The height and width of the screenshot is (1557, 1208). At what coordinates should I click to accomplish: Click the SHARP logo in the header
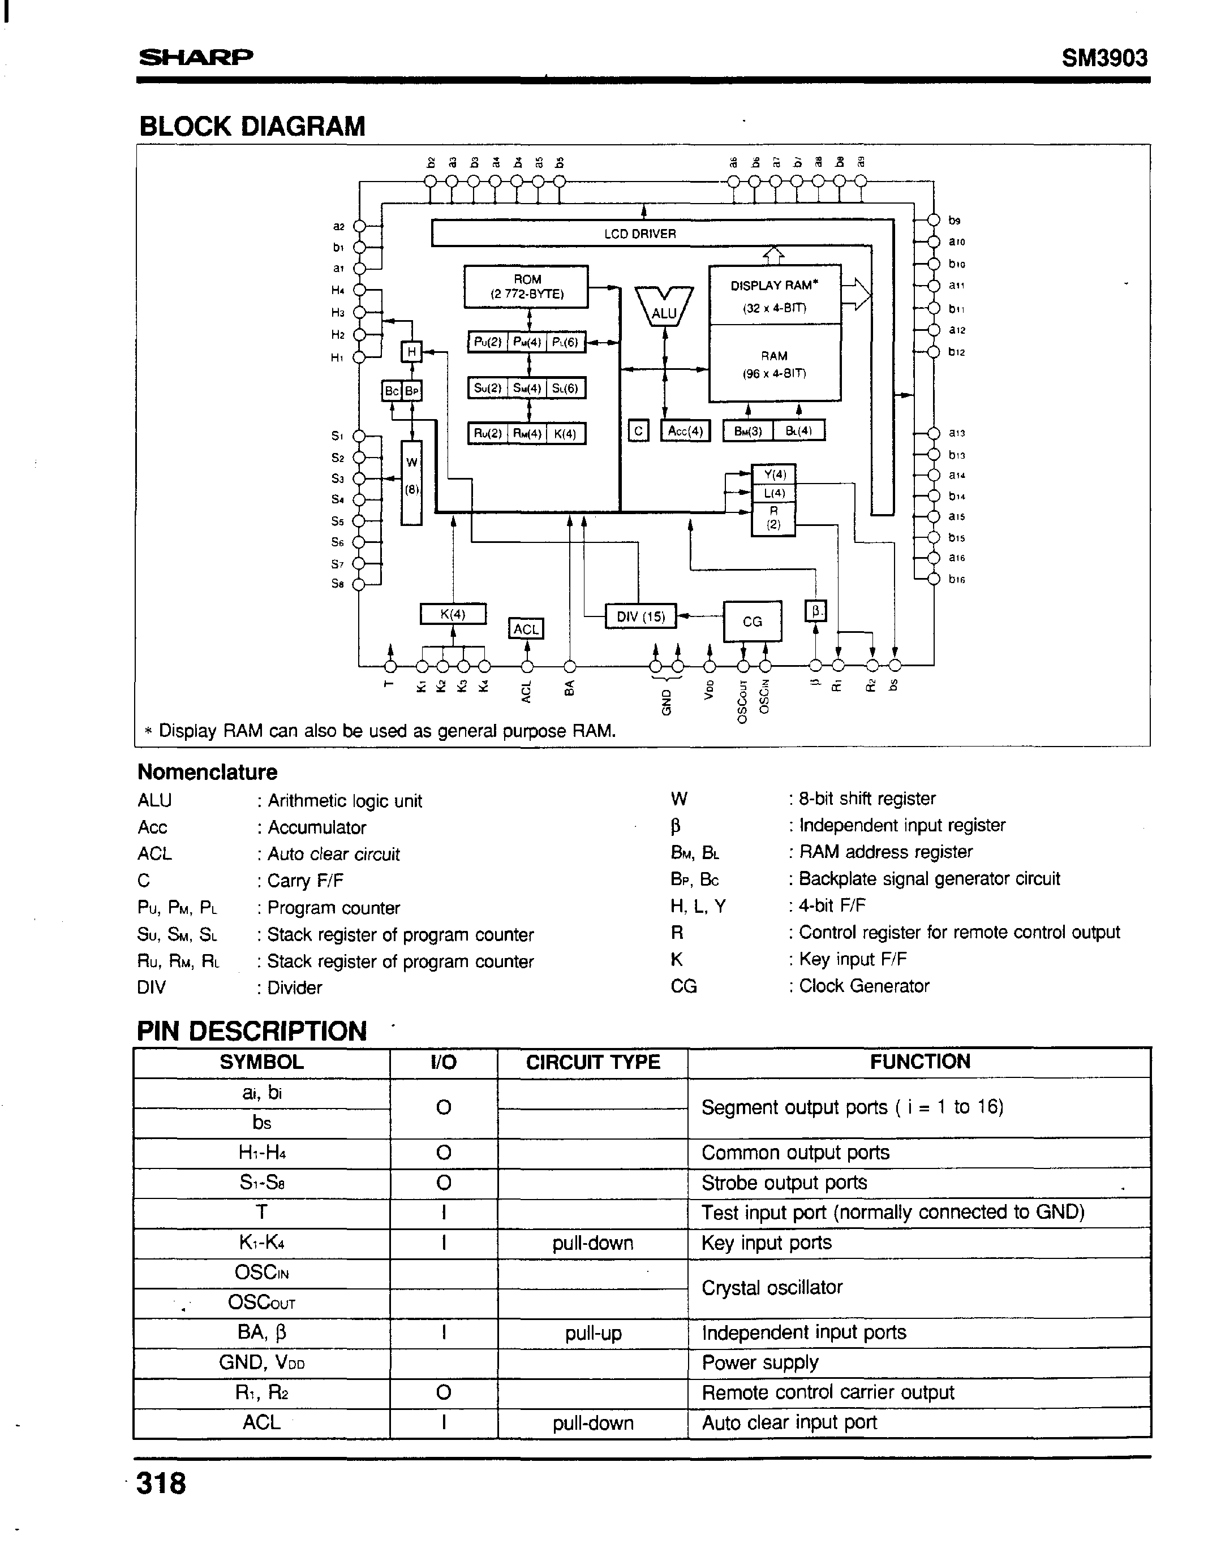pyautogui.click(x=195, y=57)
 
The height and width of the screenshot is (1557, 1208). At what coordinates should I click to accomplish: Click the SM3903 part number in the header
pyautogui.click(x=1104, y=57)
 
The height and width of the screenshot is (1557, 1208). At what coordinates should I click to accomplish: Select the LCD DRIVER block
pyautogui.click(x=640, y=234)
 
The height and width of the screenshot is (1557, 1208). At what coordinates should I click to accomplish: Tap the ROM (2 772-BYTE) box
pyautogui.click(x=526, y=287)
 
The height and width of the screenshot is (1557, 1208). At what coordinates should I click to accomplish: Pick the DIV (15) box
pyautogui.click(x=640, y=616)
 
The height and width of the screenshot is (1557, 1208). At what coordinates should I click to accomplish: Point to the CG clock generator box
pyautogui.click(x=753, y=622)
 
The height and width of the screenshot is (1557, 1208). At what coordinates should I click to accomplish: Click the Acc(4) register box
pyautogui.click(x=685, y=432)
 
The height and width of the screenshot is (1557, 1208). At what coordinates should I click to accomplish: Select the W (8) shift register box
pyautogui.click(x=411, y=482)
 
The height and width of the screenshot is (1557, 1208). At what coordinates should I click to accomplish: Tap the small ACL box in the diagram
pyautogui.click(x=526, y=629)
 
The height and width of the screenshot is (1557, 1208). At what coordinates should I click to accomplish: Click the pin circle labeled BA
pyautogui.click(x=570, y=667)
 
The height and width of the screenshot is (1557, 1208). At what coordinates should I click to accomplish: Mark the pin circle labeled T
pyautogui.click(x=390, y=667)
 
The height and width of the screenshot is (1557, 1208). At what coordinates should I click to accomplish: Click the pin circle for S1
pyautogui.click(x=360, y=436)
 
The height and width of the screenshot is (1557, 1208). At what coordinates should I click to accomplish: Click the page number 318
pyautogui.click(x=161, y=1483)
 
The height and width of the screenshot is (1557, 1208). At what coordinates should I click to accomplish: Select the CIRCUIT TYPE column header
pyautogui.click(x=592, y=1062)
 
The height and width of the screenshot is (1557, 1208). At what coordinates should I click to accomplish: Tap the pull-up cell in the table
pyautogui.click(x=592, y=1333)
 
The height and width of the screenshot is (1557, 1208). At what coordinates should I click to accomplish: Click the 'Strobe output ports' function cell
pyautogui.click(x=784, y=1183)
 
